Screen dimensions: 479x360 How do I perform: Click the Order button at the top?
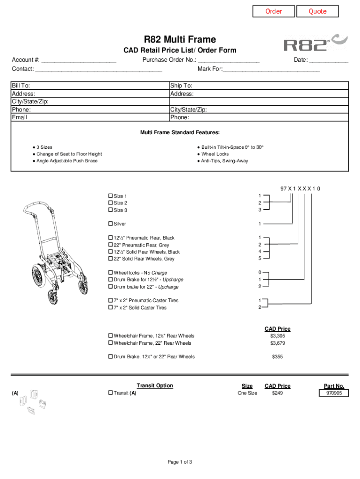274,11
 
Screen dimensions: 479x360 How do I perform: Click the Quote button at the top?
317,11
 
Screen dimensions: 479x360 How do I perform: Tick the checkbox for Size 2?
110,203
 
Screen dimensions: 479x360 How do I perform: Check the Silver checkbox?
110,224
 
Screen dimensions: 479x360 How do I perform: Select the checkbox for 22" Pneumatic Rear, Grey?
110,245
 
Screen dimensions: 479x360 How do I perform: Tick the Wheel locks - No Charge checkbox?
110,273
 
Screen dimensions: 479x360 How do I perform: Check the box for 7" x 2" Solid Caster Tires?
110,308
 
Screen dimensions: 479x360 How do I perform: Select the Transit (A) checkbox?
110,393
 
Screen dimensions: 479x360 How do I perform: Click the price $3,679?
277,343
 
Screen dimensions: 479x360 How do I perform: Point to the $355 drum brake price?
277,357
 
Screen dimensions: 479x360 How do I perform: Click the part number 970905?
334,393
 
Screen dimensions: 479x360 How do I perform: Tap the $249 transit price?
277,393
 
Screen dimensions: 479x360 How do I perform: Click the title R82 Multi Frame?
180,40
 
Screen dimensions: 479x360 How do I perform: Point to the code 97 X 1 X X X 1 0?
300,189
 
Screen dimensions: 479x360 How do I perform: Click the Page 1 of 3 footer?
180,462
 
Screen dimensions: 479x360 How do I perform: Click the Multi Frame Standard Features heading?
180,133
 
